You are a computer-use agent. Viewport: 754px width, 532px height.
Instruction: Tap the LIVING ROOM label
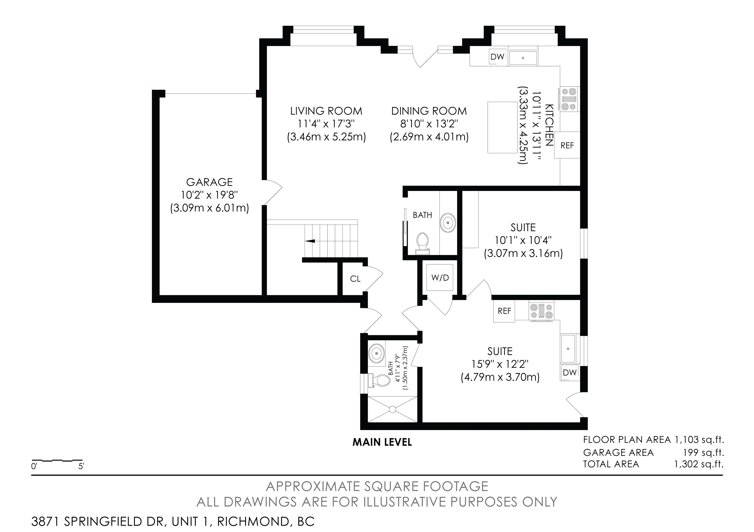point(326,111)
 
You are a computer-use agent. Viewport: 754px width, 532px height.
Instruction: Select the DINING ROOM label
point(429,111)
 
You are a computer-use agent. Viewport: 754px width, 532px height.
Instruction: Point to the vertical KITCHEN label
point(549,125)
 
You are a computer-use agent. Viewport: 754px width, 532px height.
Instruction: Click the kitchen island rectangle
point(502,127)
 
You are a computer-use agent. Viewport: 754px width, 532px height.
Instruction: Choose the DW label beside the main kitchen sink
point(497,57)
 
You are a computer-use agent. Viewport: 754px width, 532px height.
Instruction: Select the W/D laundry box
point(440,278)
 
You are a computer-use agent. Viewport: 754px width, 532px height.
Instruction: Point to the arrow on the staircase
point(310,241)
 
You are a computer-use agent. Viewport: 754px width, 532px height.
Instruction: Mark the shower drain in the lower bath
point(393,409)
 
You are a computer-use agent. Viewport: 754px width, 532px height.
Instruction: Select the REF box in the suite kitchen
point(504,311)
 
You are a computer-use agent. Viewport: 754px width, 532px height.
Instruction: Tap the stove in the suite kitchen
point(541,311)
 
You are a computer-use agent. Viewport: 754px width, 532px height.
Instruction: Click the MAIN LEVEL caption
point(382,443)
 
